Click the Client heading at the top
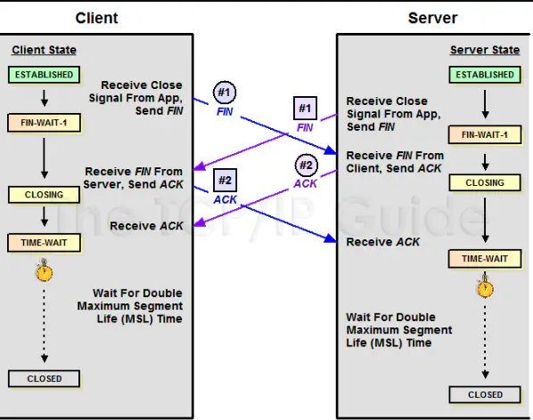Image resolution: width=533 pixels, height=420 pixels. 97,17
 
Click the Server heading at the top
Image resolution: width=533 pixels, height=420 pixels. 432,17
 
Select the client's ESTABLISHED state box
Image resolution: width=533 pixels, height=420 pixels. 44,75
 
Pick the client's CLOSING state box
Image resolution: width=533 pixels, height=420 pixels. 44,194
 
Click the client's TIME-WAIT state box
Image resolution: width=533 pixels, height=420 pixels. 44,242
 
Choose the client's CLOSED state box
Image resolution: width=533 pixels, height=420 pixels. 44,378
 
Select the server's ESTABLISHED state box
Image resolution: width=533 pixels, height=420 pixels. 485,75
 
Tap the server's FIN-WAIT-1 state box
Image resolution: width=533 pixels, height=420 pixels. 485,135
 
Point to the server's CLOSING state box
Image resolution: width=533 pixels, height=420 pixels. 485,182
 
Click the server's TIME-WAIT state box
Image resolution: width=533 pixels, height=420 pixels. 485,259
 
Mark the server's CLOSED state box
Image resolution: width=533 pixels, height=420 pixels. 485,394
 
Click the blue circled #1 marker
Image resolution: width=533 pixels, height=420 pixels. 225,92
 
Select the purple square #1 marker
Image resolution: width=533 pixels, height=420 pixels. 305,109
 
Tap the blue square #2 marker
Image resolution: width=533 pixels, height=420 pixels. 225,181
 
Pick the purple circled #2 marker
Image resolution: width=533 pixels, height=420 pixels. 306,166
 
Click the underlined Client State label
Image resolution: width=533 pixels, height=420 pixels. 44,50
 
